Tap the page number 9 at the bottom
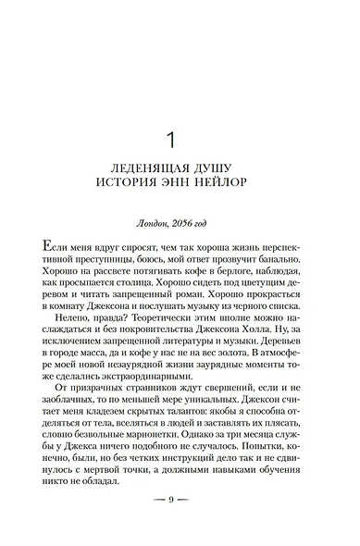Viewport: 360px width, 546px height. click(x=180, y=524)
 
